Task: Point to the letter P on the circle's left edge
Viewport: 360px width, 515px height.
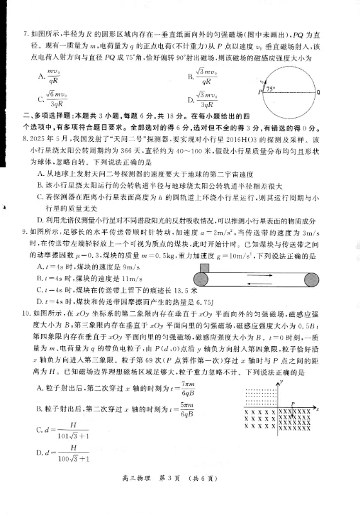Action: click(260, 93)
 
